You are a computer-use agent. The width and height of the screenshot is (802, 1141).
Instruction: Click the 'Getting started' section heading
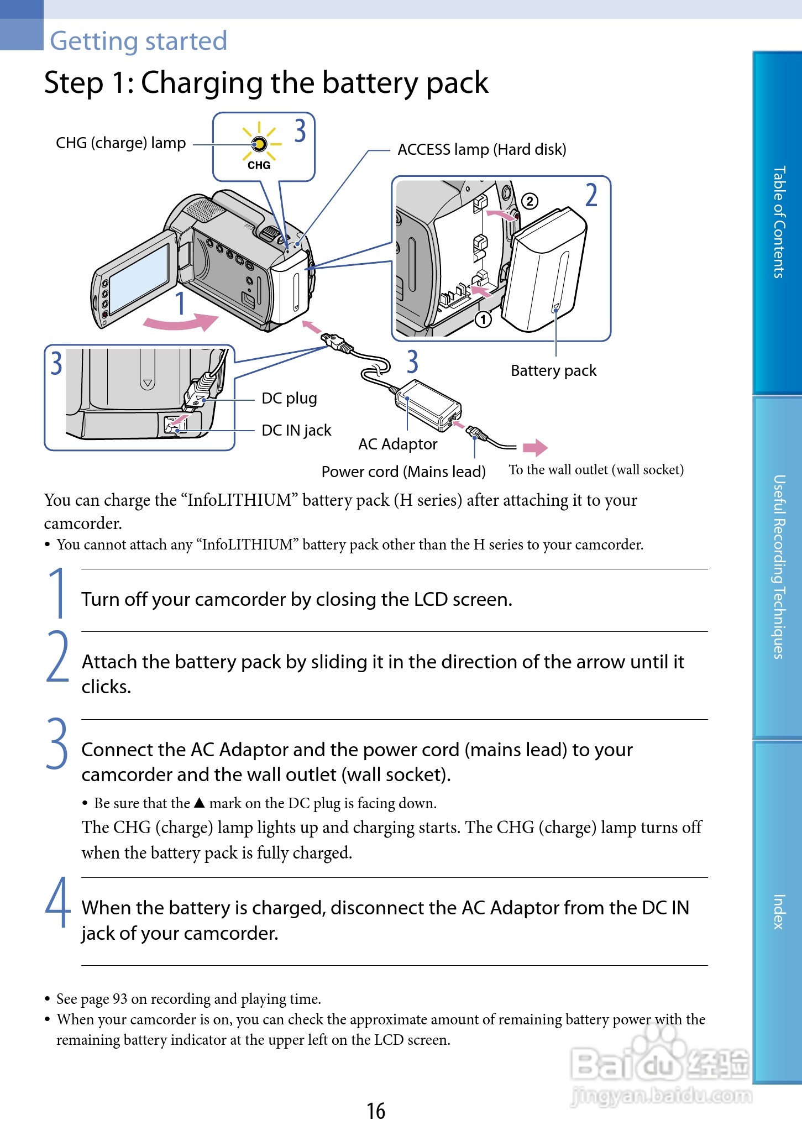tap(138, 41)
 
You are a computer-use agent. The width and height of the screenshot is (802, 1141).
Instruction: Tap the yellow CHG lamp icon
tap(259, 144)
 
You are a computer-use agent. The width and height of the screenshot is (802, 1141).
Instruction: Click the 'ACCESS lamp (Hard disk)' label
tap(481, 149)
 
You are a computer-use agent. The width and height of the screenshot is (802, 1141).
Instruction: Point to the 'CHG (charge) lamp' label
tap(120, 143)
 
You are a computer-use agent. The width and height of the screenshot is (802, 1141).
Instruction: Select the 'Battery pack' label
tap(553, 370)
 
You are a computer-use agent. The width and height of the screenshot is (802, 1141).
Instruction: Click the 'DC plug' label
tap(289, 398)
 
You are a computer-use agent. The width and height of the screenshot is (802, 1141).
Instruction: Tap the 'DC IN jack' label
tap(296, 430)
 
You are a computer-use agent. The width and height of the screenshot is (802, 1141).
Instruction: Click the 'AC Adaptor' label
tap(397, 444)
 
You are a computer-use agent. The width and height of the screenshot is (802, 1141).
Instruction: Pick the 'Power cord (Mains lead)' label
tap(403, 472)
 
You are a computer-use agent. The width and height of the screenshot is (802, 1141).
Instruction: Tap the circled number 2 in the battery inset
tap(529, 201)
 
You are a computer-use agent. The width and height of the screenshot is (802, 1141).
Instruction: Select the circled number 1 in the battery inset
tap(483, 320)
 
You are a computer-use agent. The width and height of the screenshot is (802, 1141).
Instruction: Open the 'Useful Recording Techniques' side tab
tap(778, 567)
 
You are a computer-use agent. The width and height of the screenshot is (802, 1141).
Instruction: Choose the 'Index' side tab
tap(778, 911)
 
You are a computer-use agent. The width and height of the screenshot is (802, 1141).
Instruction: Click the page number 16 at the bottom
tap(376, 1111)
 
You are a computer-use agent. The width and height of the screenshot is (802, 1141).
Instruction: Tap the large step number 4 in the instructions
tap(58, 902)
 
